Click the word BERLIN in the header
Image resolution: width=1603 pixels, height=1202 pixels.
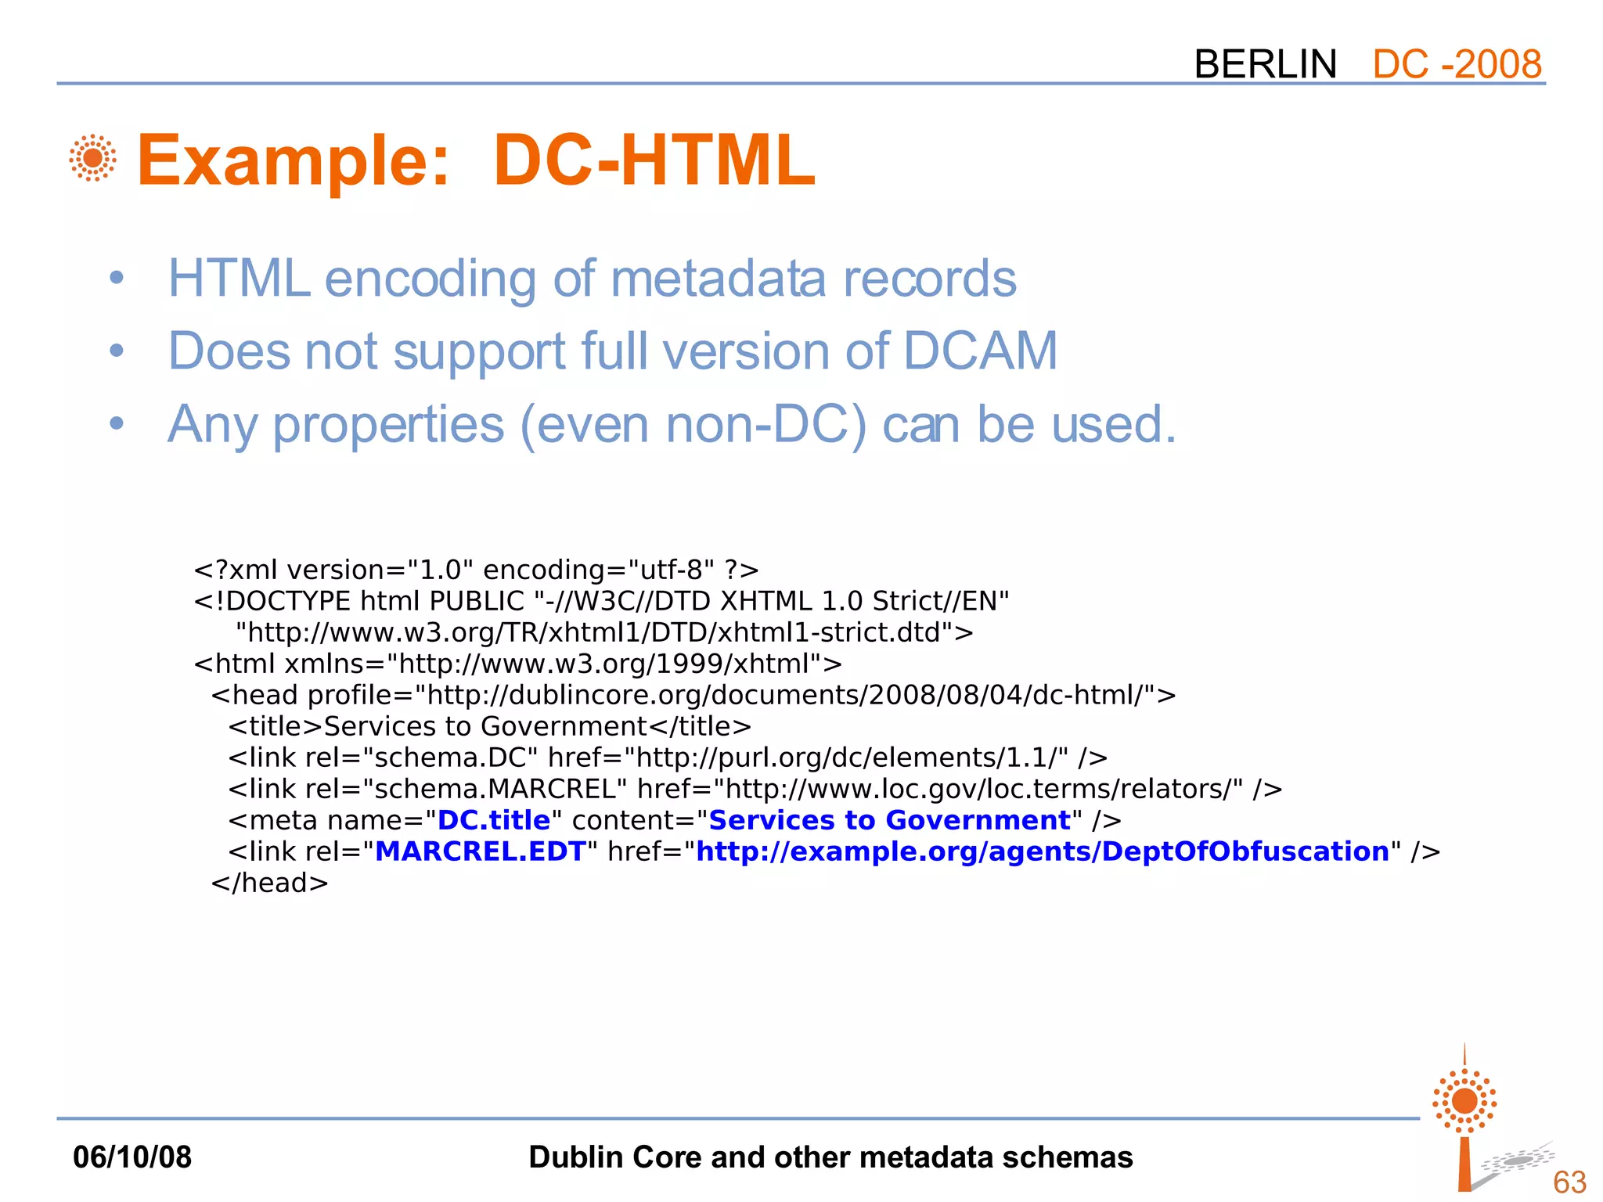tap(1265, 64)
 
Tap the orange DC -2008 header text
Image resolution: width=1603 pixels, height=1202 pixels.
tap(1457, 64)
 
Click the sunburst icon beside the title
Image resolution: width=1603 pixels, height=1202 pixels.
tap(92, 158)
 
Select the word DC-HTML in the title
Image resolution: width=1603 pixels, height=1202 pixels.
tap(654, 160)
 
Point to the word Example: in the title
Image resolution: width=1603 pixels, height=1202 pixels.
tap(294, 160)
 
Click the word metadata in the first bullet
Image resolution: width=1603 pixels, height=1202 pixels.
tap(718, 279)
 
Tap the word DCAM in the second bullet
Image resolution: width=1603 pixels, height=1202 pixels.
tap(980, 351)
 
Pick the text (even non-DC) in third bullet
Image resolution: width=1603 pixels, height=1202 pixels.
tap(693, 424)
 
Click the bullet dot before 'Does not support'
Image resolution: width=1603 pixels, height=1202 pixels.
tap(117, 351)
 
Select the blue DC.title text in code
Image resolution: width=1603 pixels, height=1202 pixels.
tap(494, 820)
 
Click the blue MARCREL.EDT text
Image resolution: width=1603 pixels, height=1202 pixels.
tap(481, 851)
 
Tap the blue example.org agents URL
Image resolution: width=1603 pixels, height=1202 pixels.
tap(1043, 851)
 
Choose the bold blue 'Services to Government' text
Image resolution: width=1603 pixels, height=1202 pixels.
tap(889, 820)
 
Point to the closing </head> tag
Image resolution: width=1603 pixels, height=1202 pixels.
tap(269, 883)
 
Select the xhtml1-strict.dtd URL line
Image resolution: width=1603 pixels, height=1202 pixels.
tap(604, 632)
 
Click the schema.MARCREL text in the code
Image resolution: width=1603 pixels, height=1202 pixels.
tap(501, 789)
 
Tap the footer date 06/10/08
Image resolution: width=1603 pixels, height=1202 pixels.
tap(132, 1157)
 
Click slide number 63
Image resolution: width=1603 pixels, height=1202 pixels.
tap(1569, 1182)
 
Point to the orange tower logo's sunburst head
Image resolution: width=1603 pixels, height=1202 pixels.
tap(1464, 1101)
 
